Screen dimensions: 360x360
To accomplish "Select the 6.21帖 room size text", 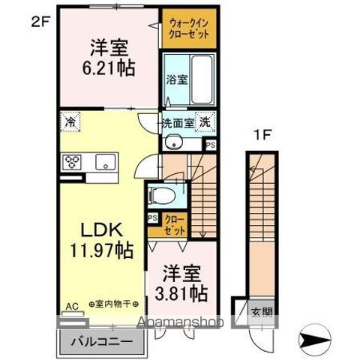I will (109, 67).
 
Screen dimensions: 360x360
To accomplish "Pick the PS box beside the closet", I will (153, 218).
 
